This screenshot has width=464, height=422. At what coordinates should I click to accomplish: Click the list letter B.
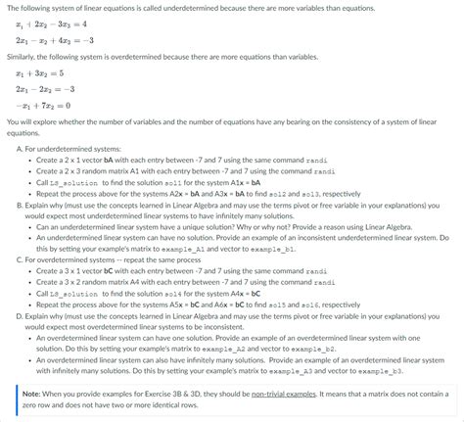[20, 207]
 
